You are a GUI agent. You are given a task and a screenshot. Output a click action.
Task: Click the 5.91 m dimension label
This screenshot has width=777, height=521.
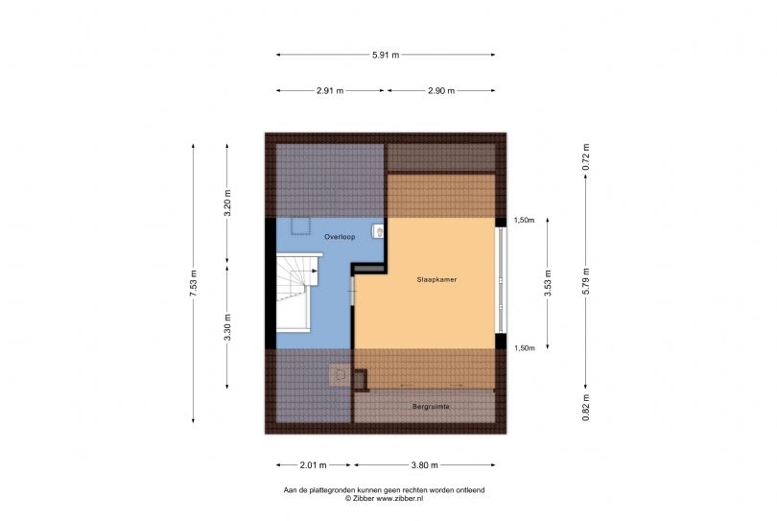[x=386, y=55]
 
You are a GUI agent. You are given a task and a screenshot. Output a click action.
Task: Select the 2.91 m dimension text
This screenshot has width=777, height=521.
[x=330, y=91]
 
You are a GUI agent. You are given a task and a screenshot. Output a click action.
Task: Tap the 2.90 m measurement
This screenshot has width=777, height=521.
[x=441, y=91]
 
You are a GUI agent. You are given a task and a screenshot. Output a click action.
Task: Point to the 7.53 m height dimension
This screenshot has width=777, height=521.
[x=193, y=284]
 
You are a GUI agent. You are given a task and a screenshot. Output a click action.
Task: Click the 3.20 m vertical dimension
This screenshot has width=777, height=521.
[x=227, y=203]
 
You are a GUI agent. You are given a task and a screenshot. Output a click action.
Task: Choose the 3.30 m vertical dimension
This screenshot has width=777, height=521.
[x=227, y=328]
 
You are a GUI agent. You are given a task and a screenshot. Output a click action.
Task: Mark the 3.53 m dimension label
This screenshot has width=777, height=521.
[x=548, y=284]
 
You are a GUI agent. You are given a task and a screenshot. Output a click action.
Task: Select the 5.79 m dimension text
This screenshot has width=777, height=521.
[x=586, y=281]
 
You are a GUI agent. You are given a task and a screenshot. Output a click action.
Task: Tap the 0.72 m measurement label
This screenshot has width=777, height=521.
[x=586, y=157]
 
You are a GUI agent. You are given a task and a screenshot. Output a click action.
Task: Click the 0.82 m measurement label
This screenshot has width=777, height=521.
[x=586, y=408]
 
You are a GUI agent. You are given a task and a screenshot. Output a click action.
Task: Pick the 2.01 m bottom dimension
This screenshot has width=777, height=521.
[x=313, y=465]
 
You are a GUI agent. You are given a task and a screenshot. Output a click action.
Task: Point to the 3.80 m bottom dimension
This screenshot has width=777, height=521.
[x=425, y=465]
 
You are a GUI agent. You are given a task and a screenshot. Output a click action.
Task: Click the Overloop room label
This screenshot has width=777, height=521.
[x=340, y=237]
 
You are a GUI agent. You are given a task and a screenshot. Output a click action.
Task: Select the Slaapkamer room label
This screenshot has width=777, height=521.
[x=436, y=279]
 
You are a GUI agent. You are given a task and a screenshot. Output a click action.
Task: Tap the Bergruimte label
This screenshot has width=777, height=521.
[x=431, y=407]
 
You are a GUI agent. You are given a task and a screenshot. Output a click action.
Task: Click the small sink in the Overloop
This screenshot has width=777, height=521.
[x=379, y=230]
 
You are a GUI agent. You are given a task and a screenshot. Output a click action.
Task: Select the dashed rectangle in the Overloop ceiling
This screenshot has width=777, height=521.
[x=300, y=226]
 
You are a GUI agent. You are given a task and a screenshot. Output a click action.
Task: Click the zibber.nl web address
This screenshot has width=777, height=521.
[x=400, y=498]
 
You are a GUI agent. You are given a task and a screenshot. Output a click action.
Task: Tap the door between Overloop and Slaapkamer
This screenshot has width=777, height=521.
[x=353, y=290]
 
